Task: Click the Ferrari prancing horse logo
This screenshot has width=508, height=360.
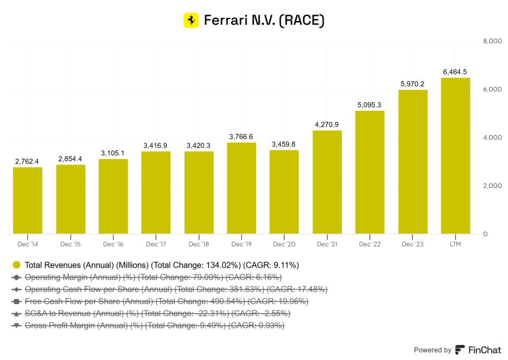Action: (x=191, y=20)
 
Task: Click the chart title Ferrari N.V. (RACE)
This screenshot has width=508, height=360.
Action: (x=264, y=21)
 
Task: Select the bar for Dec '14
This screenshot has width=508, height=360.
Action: (x=28, y=200)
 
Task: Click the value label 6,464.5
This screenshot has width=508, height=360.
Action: (x=455, y=72)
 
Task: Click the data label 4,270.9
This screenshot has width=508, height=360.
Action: (x=327, y=124)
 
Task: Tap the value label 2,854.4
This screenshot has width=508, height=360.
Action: (x=71, y=159)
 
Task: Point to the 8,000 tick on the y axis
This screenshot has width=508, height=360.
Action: (x=492, y=41)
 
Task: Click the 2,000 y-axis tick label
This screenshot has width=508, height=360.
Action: (x=492, y=186)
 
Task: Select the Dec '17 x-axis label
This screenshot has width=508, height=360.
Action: (x=156, y=244)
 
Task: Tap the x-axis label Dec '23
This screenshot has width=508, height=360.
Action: (x=412, y=244)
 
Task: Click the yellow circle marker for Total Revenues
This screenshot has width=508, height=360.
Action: (x=17, y=265)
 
